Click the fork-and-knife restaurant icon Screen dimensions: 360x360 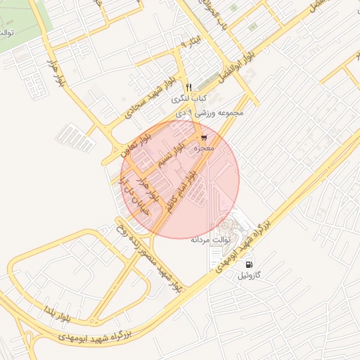188,86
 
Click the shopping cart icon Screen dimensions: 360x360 204,138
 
